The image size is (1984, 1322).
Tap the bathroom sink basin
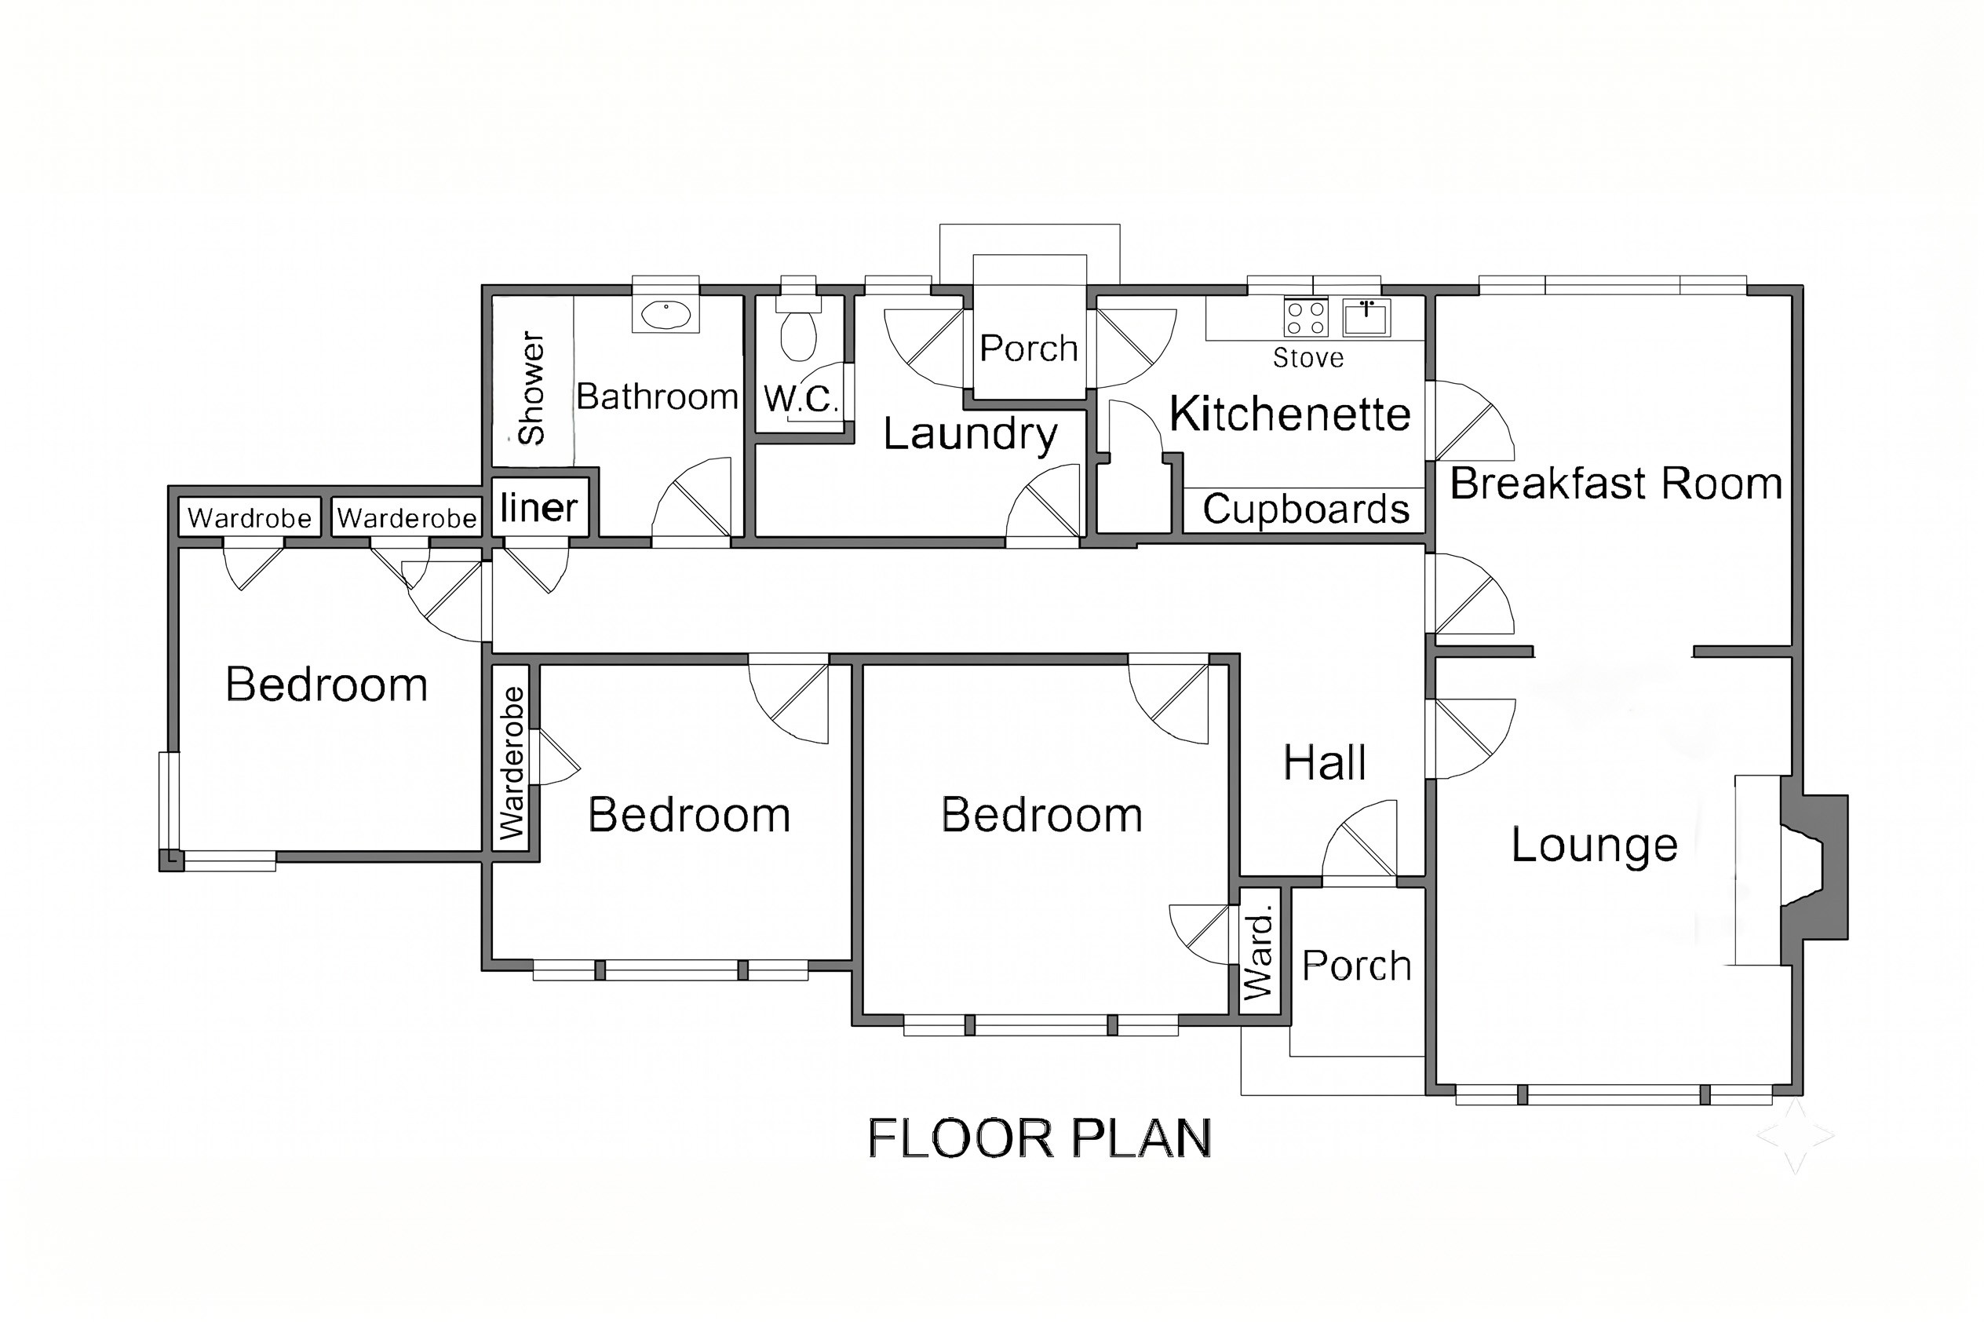point(666,316)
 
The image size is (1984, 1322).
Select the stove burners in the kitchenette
point(1305,318)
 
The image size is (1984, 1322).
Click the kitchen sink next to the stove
point(1366,318)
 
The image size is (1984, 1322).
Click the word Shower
point(532,388)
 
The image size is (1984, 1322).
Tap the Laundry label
point(970,435)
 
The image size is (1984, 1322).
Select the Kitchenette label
point(1289,414)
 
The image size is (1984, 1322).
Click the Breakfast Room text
point(1616,483)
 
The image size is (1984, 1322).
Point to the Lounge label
point(1594,845)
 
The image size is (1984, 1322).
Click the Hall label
point(1324,763)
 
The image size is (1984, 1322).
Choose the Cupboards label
point(1305,509)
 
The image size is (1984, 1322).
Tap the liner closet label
point(538,506)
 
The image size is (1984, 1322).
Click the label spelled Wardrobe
point(250,517)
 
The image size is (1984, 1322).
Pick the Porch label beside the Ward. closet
point(1356,966)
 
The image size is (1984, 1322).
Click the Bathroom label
point(658,396)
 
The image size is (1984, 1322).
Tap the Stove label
point(1308,358)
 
